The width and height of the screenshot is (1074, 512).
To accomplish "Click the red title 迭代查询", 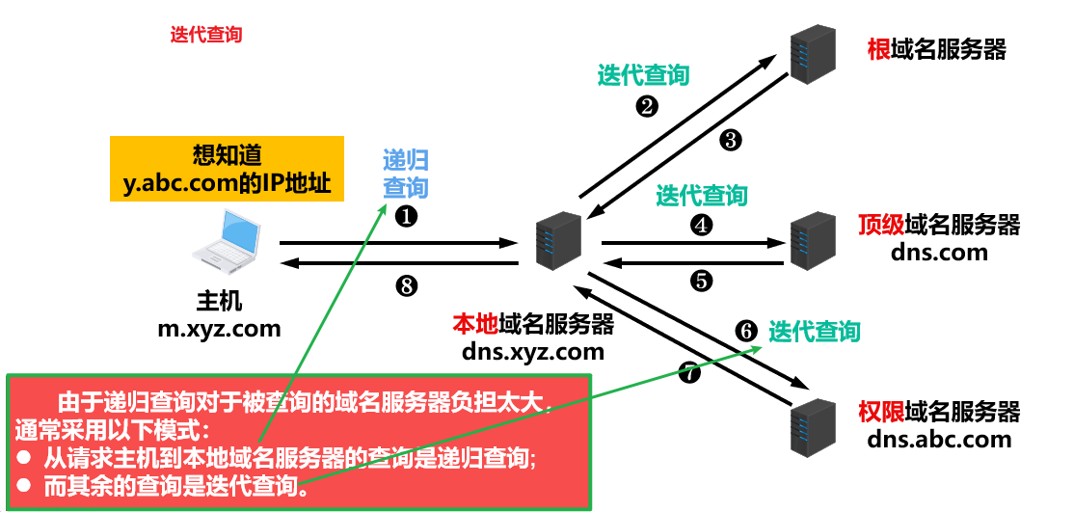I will point(206,35).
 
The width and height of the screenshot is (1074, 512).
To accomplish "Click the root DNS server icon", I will point(811,53).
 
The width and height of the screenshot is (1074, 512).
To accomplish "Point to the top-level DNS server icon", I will point(811,239).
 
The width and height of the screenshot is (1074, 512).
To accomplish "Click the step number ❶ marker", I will point(406,216).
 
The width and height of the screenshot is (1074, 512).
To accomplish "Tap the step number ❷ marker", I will point(648,106).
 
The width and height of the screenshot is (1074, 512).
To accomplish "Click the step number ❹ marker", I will point(701,225).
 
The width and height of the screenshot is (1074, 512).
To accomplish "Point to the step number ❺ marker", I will point(701,282).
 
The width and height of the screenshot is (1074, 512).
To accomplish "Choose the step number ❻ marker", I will point(746,331).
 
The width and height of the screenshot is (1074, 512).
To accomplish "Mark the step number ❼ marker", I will point(688,372).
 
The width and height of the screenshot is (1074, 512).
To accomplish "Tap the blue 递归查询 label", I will point(406,174).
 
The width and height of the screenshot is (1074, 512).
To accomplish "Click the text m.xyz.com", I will point(220,328).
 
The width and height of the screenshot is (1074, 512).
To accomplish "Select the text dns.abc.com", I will point(939,440).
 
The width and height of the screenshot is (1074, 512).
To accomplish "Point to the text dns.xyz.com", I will point(533,352).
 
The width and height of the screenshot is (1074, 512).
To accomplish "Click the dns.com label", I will point(939,253).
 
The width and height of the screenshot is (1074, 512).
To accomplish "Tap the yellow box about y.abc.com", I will point(227,169).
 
